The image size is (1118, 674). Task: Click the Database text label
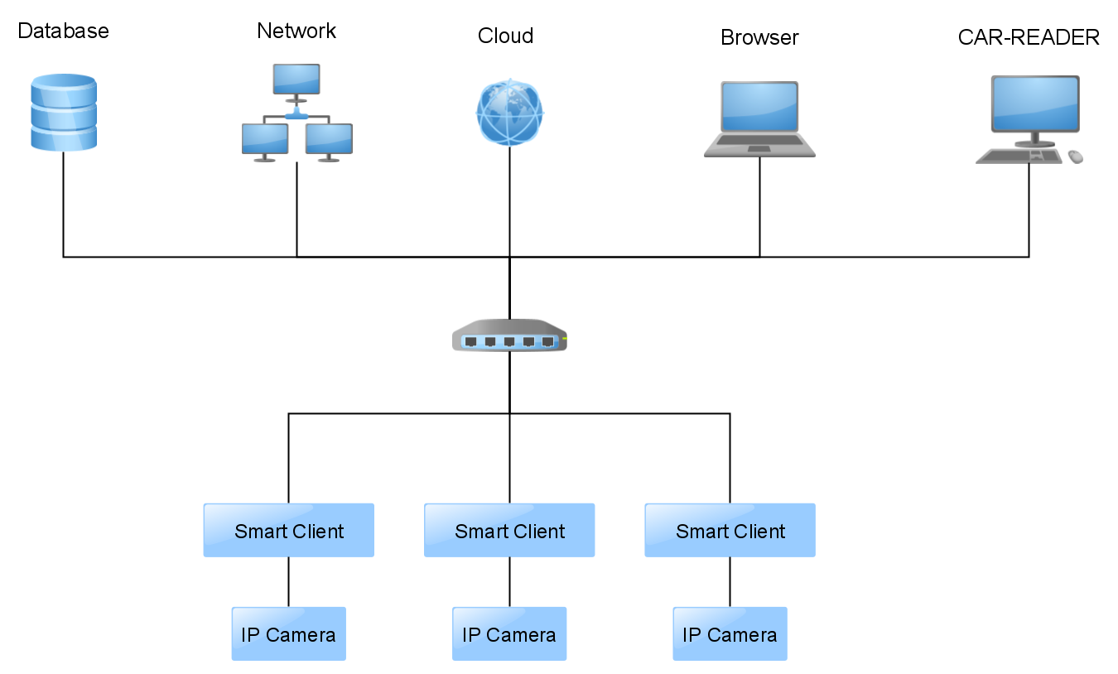(x=63, y=31)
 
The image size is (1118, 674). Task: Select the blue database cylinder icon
(x=64, y=113)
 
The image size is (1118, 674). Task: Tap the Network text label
(x=296, y=31)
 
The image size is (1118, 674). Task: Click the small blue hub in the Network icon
(x=296, y=114)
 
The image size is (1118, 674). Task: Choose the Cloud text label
(x=505, y=36)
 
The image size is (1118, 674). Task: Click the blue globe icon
(x=509, y=112)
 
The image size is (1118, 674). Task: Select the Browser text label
(x=759, y=37)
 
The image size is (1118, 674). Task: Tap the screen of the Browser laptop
(x=759, y=107)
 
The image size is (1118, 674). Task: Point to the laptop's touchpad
(x=759, y=149)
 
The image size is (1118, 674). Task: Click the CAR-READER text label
(x=1029, y=37)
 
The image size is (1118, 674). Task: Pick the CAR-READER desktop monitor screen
(x=1035, y=104)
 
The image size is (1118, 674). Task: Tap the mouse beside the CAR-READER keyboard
(x=1075, y=156)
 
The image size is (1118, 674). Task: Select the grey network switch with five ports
(x=509, y=336)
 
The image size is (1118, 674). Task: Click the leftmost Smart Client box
(x=288, y=531)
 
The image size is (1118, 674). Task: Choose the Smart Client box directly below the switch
(x=509, y=531)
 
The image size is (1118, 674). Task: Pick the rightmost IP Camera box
(x=730, y=634)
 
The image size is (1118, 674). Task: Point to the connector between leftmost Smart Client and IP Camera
(x=288, y=582)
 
